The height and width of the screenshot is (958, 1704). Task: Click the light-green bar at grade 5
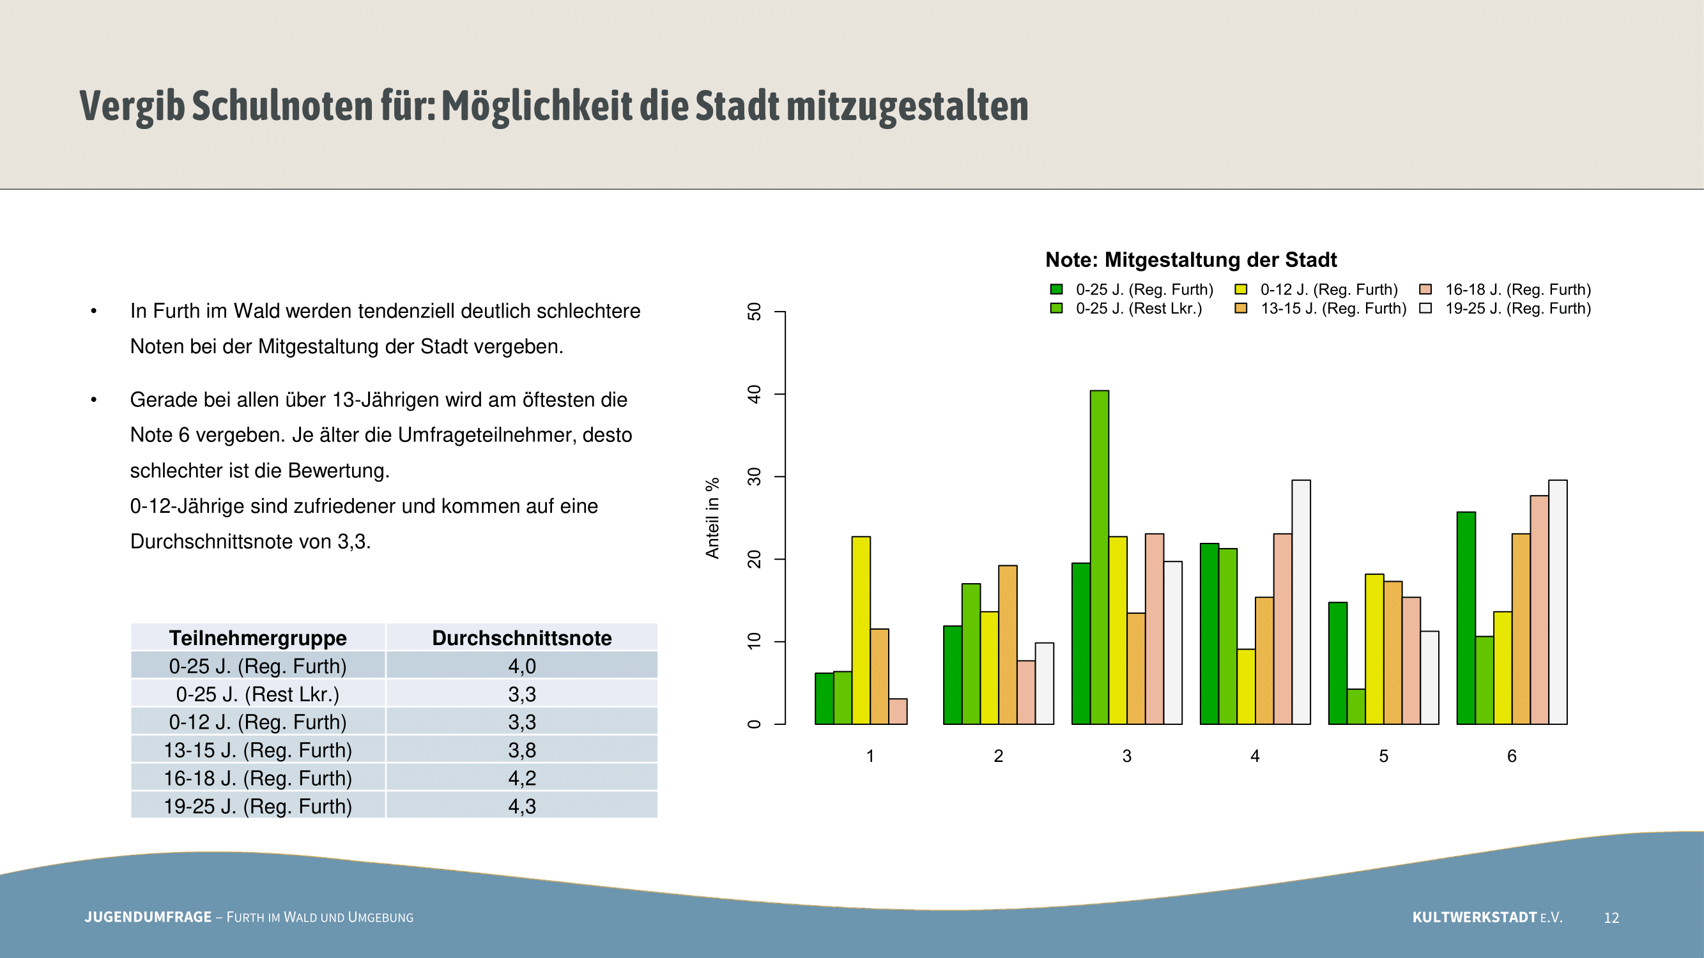(1356, 706)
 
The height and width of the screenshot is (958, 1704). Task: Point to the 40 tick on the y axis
(754, 395)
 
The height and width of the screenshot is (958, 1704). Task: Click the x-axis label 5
(1383, 756)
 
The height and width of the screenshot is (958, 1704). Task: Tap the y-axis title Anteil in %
(712, 519)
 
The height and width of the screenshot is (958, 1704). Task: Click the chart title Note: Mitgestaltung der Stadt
(1191, 260)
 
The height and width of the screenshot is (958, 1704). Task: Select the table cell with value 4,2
(522, 778)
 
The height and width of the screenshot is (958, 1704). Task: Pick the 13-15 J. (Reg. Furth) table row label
(258, 750)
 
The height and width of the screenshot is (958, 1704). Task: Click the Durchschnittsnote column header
(522, 638)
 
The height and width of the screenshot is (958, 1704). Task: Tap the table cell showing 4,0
(522, 665)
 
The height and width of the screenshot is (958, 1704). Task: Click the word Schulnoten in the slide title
(282, 106)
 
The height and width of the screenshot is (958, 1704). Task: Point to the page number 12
(1611, 918)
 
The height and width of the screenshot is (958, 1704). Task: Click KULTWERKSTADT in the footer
(1475, 917)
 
